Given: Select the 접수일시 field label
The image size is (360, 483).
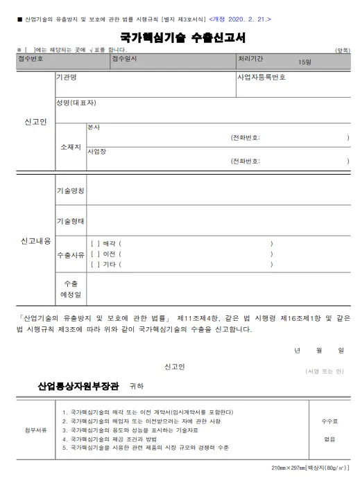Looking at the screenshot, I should point(124,59).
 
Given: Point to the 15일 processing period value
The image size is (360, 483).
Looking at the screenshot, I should point(305,63).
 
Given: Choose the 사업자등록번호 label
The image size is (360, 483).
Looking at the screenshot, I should point(261,78).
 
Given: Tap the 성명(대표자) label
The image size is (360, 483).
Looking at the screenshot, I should point(76,103).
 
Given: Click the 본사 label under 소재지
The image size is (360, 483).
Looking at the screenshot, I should point(94,128).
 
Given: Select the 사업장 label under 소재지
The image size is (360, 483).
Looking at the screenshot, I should point(96,150).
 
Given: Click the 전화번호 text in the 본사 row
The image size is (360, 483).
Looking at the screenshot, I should point(246,138).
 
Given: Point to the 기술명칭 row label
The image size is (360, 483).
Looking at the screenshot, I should point(70,190).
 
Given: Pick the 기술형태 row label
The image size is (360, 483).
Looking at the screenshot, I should point(70,222).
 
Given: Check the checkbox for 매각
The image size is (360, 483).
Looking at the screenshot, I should point(95,243).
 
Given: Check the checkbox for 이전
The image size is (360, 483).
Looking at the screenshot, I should point(95,254).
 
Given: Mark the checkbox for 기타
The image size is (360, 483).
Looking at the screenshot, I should point(95,264).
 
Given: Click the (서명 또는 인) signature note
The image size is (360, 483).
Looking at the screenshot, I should point(324,371).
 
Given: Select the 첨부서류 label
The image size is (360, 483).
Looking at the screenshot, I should point(35,430).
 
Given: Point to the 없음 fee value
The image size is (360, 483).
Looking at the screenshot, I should point(329,438).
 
